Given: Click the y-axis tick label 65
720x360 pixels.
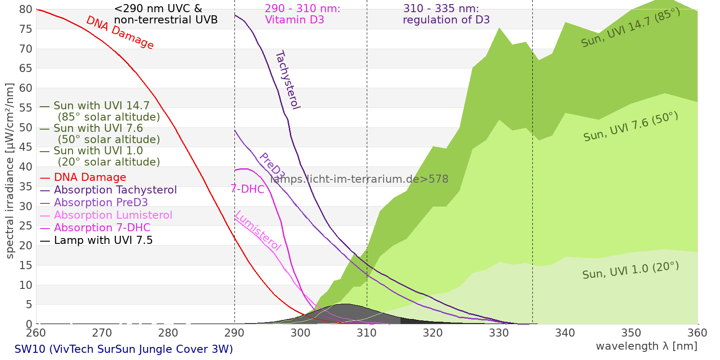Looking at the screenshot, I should (26, 68).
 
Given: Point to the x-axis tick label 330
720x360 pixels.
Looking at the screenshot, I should (499, 333).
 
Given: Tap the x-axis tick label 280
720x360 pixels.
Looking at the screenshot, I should (168, 333).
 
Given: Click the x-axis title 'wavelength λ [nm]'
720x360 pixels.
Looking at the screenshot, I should (646, 346).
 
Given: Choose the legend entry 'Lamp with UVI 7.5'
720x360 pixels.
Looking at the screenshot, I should (103, 240).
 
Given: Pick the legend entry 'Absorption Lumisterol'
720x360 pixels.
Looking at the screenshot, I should (113, 215).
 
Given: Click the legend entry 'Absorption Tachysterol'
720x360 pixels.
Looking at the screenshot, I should (115, 190).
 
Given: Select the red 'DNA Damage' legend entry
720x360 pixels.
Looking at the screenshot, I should (90, 177).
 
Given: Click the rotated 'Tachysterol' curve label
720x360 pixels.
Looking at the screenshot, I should (287, 80).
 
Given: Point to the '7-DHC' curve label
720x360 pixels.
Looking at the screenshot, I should (247, 189).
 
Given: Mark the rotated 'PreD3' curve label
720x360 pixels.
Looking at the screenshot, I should (272, 166).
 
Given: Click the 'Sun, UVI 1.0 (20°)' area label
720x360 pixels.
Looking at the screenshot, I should (630, 270).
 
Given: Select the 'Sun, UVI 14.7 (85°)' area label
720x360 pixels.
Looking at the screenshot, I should (630, 27).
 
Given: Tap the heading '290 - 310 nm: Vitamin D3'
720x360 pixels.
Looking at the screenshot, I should (302, 14).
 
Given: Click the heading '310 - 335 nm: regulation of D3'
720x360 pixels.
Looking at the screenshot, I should (446, 14).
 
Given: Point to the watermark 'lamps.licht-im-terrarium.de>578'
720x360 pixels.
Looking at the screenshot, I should (359, 179).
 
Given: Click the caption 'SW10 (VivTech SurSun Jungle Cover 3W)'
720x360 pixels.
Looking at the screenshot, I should (124, 349).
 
